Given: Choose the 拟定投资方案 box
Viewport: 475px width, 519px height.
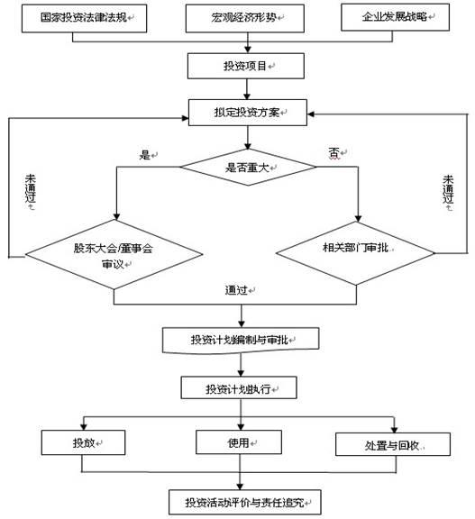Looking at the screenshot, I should (x=246, y=114).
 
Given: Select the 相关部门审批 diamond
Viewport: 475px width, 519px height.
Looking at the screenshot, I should (x=361, y=246).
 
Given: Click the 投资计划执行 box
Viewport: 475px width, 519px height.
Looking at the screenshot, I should (x=239, y=389).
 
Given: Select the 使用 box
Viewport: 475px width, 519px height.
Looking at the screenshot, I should (x=239, y=443).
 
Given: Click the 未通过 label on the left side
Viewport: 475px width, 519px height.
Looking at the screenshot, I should (x=30, y=192).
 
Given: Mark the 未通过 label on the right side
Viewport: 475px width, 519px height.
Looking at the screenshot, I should (x=448, y=191).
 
